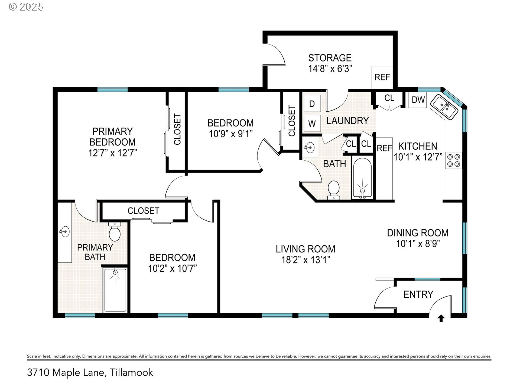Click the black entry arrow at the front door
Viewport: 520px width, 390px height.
pos(441,318)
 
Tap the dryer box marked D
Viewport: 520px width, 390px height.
pos(312,104)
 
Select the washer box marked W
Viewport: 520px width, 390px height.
pos(312,123)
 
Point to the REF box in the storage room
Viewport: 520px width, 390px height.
pos(382,77)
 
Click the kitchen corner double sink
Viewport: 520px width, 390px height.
pos(444,107)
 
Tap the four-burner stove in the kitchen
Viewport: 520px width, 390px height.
pos(453,160)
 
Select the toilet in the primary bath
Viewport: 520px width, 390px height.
pos(115,232)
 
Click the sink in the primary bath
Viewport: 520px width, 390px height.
pos(64,232)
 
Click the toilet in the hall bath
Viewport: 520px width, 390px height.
pos(334,190)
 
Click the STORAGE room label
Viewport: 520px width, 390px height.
pos(330,58)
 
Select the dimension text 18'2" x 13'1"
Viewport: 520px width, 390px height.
pos(305,260)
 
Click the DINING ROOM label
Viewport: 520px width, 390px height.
pos(418,233)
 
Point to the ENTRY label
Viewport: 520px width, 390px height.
pos(418,294)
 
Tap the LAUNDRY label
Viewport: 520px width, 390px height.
pos(348,121)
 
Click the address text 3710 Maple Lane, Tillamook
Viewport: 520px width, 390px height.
pos(90,373)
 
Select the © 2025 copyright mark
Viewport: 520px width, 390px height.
pos(26,7)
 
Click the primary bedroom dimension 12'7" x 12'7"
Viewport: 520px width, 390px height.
pos(112,153)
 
